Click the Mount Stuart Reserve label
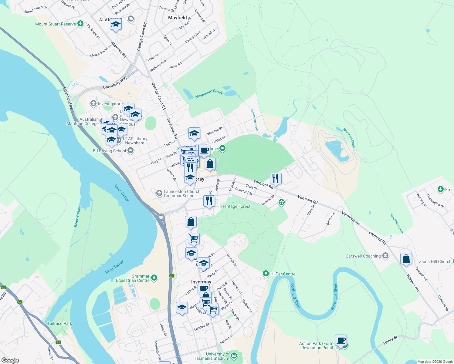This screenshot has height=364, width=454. pyautogui.click(x=56, y=24)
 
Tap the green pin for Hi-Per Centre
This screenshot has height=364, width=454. pyautogui.click(x=266, y=274)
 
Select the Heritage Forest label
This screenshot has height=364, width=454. pyautogui.click(x=236, y=206)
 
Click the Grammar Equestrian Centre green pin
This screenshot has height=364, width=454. pyautogui.click(x=154, y=278)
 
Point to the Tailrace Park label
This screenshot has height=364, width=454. pyautogui.click(x=60, y=323)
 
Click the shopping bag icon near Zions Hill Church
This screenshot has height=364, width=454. pyautogui.click(x=406, y=259)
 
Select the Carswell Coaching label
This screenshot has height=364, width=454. pyautogui.click(x=363, y=256)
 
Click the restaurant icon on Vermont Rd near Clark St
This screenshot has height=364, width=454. pyautogui.click(x=276, y=179)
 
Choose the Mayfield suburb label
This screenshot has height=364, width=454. pyautogui.click(x=178, y=18)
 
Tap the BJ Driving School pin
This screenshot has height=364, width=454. pyautogui.click(x=130, y=150)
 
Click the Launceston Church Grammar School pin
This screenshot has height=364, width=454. pyautogui.click(x=159, y=193)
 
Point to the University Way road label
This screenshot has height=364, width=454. pyautogui.click(x=115, y=83)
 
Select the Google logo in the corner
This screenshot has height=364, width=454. pyautogui.click(x=10, y=360)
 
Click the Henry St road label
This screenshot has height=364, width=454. pyautogui.click(x=390, y=340)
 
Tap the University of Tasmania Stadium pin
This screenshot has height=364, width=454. pyautogui.click(x=234, y=355)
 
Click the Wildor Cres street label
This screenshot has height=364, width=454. pyautogui.click(x=413, y=283)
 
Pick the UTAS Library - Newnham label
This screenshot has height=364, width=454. pyautogui.click(x=135, y=141)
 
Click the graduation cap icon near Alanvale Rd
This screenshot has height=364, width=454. pyautogui.click(x=116, y=25)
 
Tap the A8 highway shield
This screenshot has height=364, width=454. pyautogui.click(x=172, y=276)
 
